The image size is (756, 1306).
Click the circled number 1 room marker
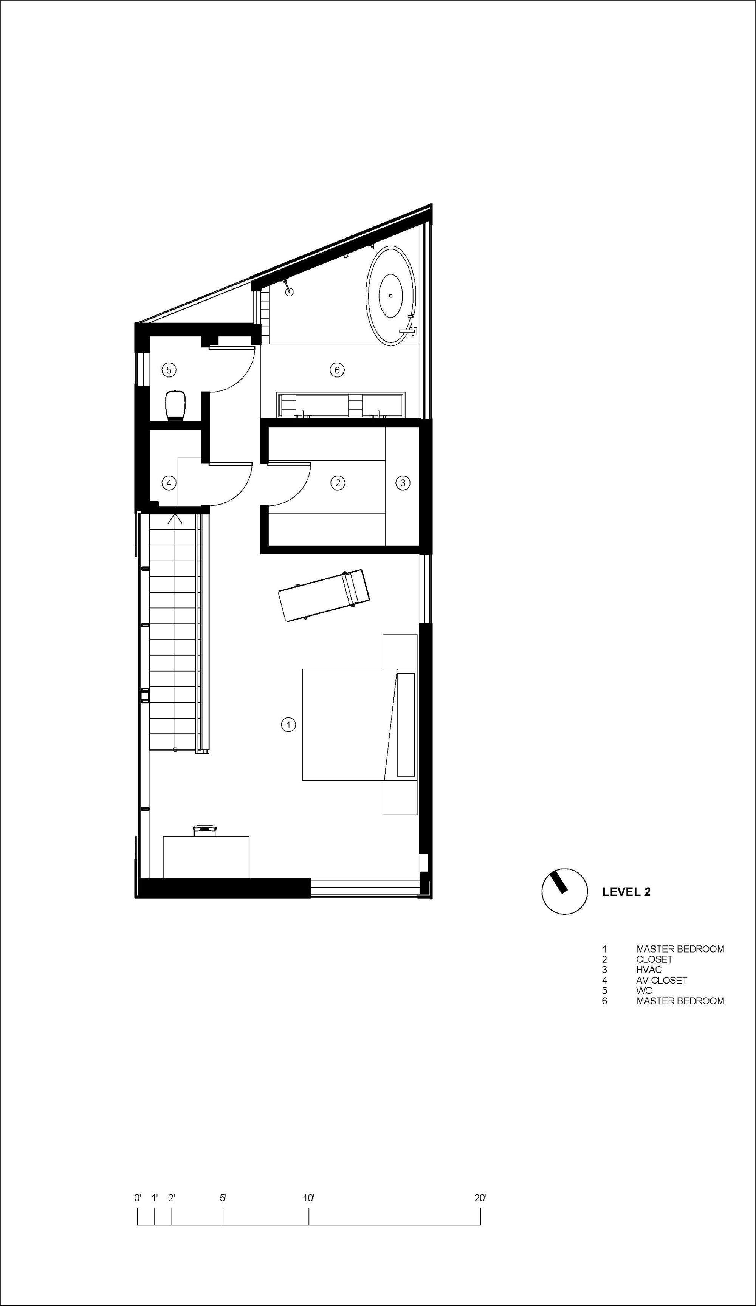pyautogui.click(x=288, y=725)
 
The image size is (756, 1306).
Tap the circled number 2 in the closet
pyautogui.click(x=337, y=483)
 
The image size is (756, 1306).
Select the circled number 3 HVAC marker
pyautogui.click(x=403, y=483)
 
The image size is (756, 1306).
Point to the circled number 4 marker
pyautogui.click(x=169, y=483)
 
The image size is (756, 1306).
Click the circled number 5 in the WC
pyautogui.click(x=169, y=370)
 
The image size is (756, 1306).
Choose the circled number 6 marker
pyautogui.click(x=337, y=370)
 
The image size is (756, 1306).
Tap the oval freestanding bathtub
pyautogui.click(x=391, y=295)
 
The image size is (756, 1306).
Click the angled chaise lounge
pyautogui.click(x=324, y=595)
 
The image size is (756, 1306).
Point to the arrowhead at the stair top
pyautogui.click(x=175, y=518)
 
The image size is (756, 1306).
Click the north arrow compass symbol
pyautogui.click(x=564, y=891)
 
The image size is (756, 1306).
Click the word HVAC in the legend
pyautogui.click(x=649, y=969)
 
